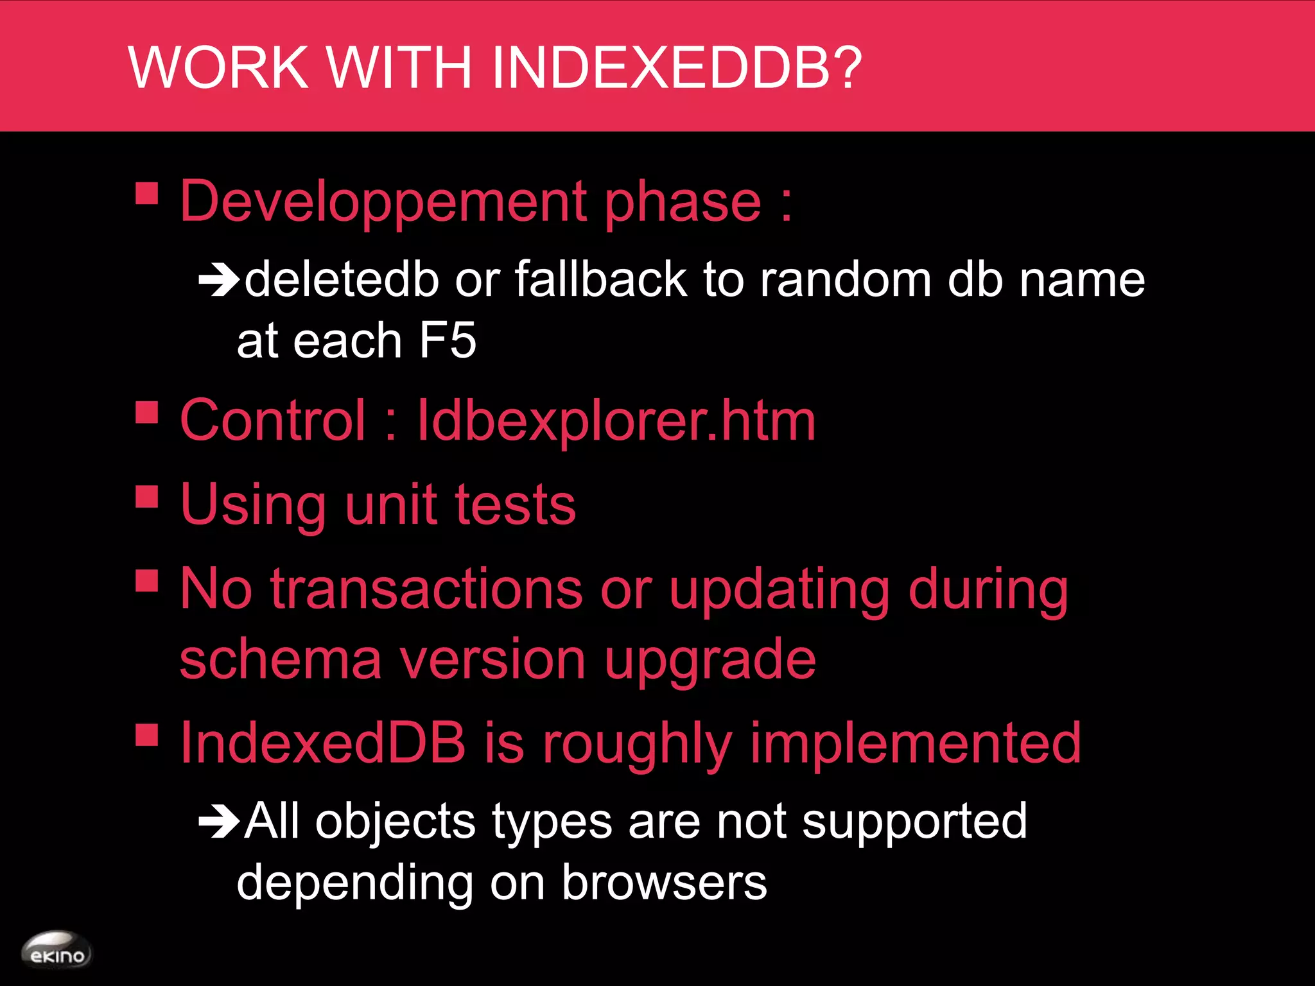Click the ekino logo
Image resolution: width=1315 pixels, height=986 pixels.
point(57,951)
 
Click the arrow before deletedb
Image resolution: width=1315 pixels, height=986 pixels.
point(219,280)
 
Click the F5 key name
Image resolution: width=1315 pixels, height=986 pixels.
point(448,340)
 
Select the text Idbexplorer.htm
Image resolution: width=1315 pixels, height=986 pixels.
point(616,421)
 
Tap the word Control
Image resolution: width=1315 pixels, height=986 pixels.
point(273,420)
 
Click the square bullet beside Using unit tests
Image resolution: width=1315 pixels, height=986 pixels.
point(147,496)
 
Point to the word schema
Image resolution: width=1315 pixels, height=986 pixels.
point(281,660)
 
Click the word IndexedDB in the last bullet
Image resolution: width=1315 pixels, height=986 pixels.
point(323,742)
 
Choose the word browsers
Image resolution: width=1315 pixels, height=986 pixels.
point(664,882)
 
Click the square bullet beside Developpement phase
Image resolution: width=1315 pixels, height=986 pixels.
point(147,193)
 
